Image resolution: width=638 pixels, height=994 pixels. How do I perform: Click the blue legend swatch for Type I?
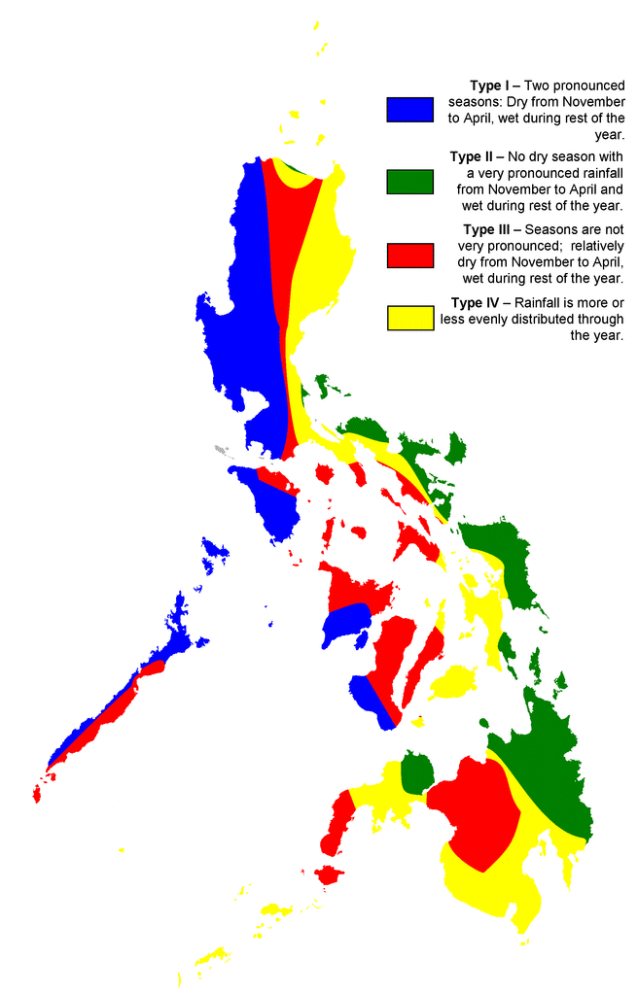click(408, 109)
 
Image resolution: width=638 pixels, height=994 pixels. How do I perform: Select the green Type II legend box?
click(408, 182)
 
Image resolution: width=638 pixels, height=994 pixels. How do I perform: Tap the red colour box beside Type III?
click(408, 255)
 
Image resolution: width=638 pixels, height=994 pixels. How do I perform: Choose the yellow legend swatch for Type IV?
click(408, 318)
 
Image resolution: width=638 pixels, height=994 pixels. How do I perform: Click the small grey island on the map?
click(221, 450)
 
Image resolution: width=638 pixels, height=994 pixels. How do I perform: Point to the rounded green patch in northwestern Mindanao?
click(417, 771)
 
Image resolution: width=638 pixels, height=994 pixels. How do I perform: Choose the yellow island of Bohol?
click(449, 683)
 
